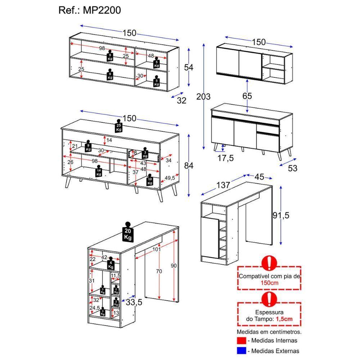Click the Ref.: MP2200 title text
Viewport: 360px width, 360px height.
pyautogui.click(x=90, y=10)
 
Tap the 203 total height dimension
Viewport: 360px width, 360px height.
pyautogui.click(x=203, y=96)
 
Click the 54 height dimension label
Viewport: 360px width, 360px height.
pyautogui.click(x=189, y=67)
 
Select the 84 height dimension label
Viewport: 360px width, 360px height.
pyautogui.click(x=189, y=166)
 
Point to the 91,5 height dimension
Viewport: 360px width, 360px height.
pyautogui.click(x=280, y=215)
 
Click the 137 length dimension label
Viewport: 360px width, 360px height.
pyautogui.click(x=223, y=185)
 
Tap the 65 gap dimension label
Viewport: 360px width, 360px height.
pyautogui.click(x=247, y=96)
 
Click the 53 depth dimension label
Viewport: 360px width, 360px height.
pyautogui.click(x=293, y=168)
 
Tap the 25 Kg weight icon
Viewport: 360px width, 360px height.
pyautogui.click(x=118, y=126)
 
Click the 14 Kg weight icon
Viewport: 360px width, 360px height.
pyautogui.click(x=98, y=172)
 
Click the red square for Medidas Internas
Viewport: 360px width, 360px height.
pyautogui.click(x=241, y=340)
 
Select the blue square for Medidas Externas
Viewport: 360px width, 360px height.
pyautogui.click(x=241, y=350)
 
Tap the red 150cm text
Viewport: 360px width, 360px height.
pyautogui.click(x=269, y=283)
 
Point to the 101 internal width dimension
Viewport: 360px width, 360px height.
pyautogui.click(x=156, y=249)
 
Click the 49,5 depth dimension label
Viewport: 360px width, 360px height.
pyautogui.click(x=170, y=178)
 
